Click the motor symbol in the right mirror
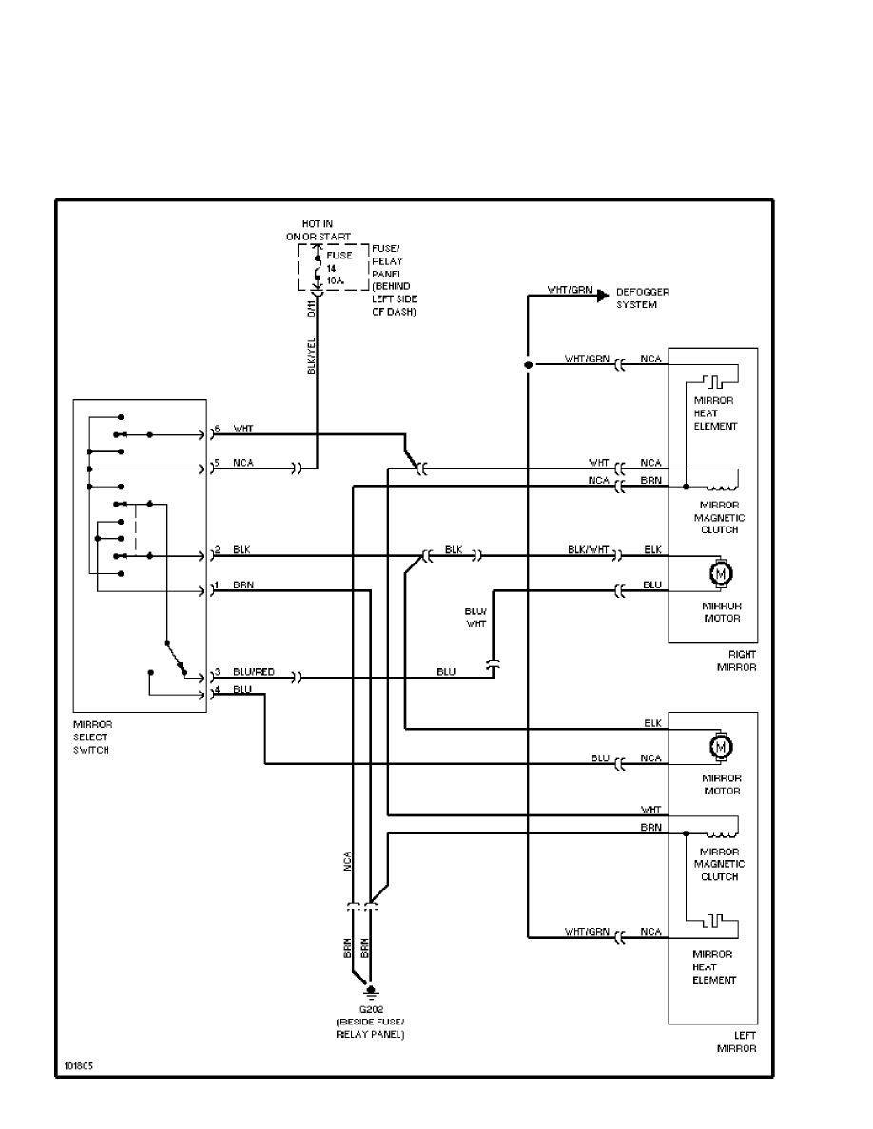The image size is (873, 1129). (720, 573)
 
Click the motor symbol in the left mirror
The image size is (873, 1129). (720, 748)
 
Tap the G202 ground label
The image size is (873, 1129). (370, 1008)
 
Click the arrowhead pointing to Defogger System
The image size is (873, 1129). (602, 296)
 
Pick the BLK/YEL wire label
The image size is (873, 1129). (311, 355)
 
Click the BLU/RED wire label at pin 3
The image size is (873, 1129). (254, 672)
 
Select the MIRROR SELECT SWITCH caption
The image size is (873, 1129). (92, 737)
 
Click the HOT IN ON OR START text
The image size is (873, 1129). (319, 229)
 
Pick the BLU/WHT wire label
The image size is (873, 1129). (475, 619)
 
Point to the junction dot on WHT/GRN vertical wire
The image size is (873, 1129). (528, 364)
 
